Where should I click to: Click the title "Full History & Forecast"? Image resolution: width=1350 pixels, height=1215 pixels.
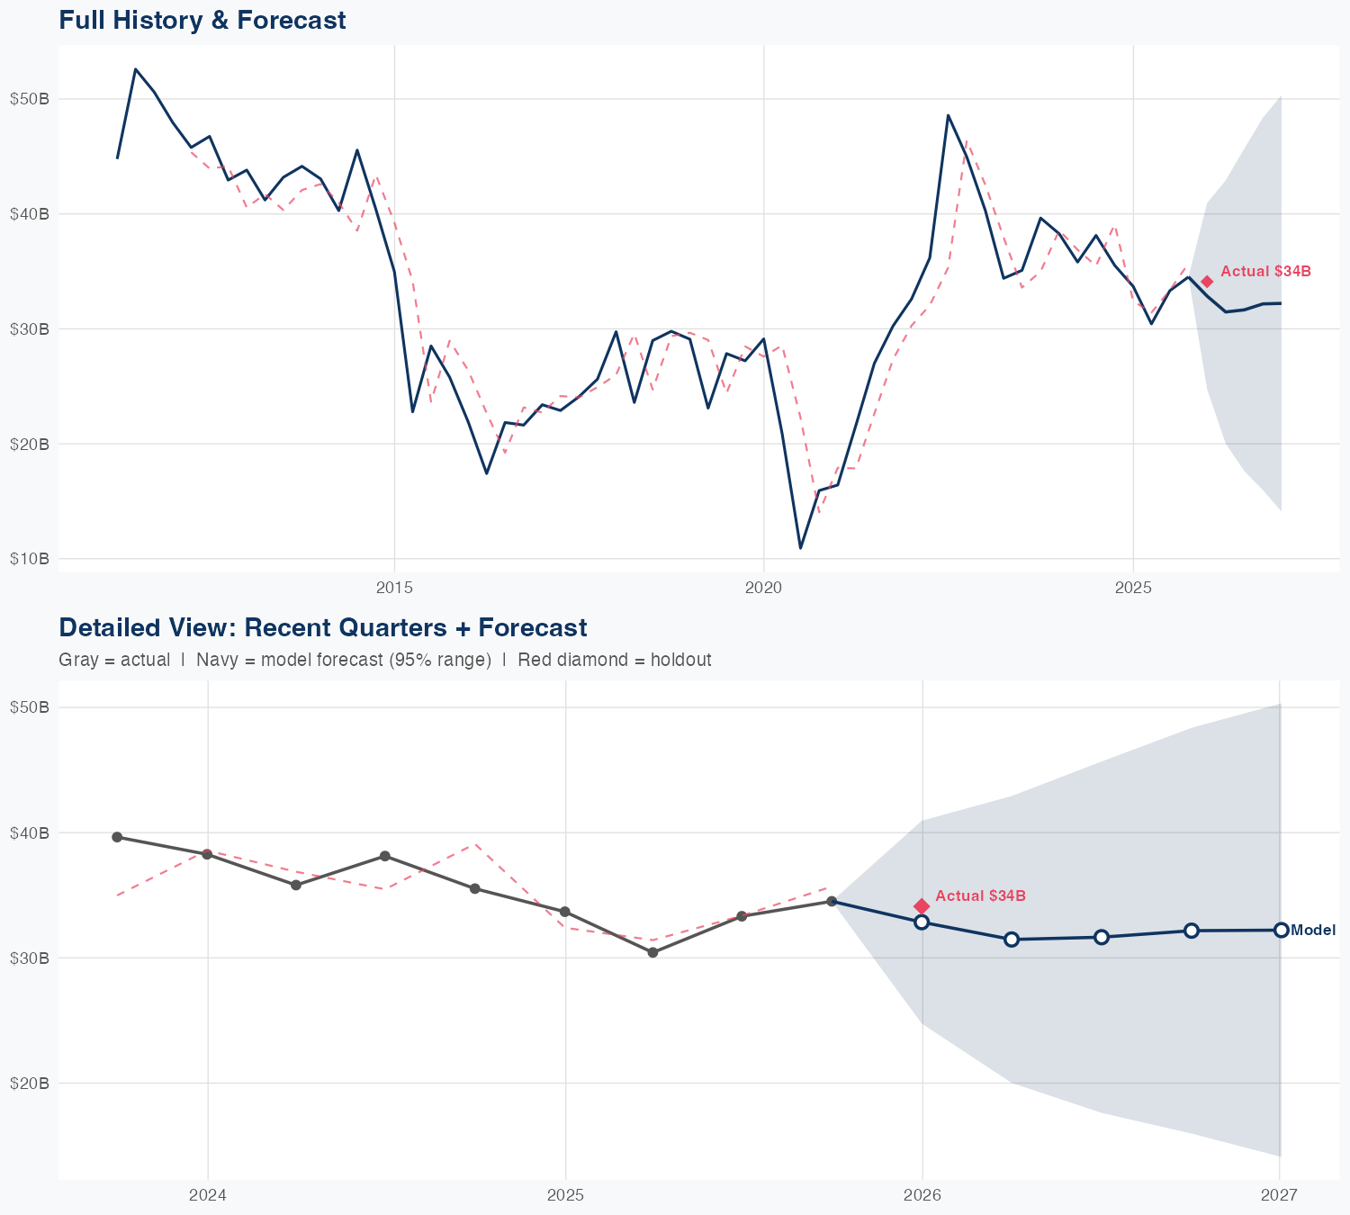click(x=202, y=20)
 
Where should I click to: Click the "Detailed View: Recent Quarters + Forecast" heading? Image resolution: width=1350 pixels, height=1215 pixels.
click(x=322, y=627)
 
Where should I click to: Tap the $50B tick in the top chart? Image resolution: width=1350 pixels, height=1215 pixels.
click(x=29, y=98)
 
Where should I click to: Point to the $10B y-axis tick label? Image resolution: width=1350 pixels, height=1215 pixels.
click(x=29, y=559)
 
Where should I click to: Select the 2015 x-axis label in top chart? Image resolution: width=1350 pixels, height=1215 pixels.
click(x=394, y=589)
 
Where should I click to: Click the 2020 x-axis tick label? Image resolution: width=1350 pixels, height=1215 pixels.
click(x=763, y=589)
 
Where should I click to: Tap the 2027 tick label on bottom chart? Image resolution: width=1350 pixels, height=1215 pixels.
click(x=1279, y=1195)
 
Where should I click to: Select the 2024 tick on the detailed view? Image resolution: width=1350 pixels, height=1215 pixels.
click(x=208, y=1195)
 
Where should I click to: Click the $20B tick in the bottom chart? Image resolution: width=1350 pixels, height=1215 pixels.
click(x=29, y=1083)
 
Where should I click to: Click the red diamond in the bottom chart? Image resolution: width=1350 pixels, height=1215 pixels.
click(x=922, y=906)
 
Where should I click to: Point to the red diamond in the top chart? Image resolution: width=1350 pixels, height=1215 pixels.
click(x=1207, y=282)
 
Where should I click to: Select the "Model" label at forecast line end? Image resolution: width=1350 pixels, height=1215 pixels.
click(x=1313, y=931)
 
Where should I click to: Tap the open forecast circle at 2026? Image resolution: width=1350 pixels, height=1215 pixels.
click(x=922, y=922)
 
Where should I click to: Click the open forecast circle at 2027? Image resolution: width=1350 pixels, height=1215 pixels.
click(x=1280, y=930)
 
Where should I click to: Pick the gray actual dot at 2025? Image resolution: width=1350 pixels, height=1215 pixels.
click(x=565, y=912)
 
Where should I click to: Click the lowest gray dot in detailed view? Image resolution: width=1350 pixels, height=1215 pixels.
click(x=653, y=952)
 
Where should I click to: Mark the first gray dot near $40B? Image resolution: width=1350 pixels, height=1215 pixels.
click(x=117, y=837)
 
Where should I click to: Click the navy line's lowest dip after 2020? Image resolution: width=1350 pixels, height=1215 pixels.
click(x=800, y=547)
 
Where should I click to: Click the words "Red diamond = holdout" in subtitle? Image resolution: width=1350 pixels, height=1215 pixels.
click(x=615, y=660)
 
